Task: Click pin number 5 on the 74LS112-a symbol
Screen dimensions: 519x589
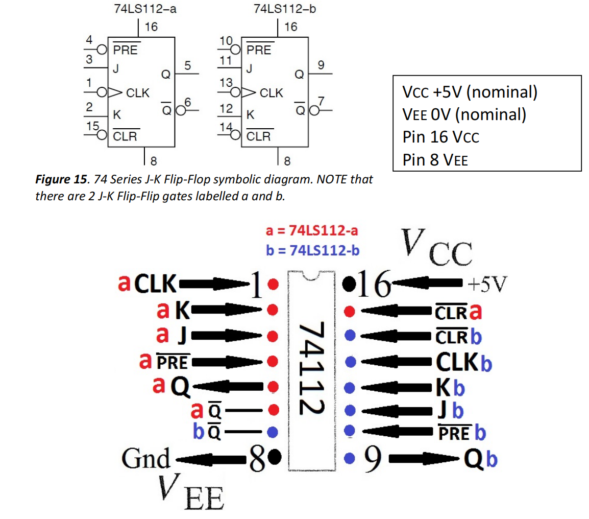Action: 187,65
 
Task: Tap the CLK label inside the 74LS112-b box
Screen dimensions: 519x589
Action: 272,93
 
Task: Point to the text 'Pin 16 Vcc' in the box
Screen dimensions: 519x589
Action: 440,137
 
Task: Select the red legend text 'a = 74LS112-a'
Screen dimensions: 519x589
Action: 312,230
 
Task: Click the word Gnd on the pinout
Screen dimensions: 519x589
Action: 146,458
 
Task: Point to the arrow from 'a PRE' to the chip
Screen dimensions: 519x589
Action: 230,362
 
